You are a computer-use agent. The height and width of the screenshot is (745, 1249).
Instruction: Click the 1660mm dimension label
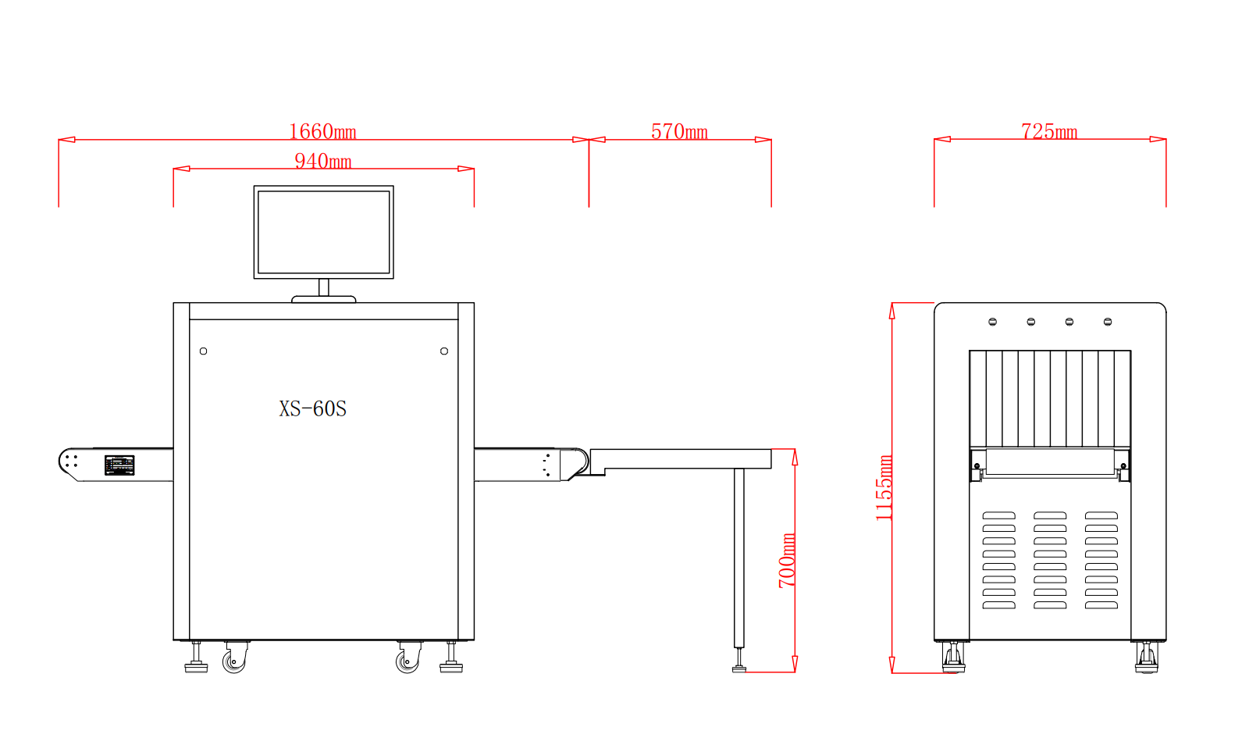point(322,132)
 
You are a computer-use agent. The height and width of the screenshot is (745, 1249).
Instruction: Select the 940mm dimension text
point(323,161)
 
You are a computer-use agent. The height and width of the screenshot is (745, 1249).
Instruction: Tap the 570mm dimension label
point(679,132)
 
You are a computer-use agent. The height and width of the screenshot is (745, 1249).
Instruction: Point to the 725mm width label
point(1049,132)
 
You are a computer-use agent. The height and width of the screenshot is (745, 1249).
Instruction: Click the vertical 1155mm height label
point(884,488)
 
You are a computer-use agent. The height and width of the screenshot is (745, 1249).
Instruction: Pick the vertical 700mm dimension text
point(787,561)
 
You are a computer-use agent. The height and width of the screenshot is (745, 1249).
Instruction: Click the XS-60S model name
point(313,408)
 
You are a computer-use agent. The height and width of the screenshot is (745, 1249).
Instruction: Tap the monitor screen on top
point(324,232)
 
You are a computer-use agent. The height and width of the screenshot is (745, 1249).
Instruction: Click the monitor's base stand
point(324,299)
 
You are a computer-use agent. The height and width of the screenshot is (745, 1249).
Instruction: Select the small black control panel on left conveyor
point(119,465)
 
